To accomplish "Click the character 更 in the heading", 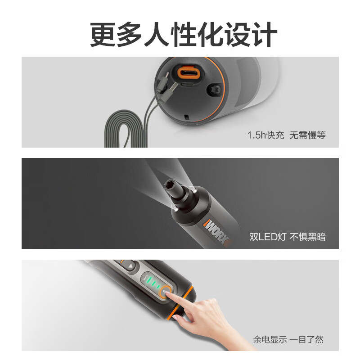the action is click(103, 35).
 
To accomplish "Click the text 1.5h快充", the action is click(265, 135).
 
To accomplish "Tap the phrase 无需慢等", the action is click(307, 135).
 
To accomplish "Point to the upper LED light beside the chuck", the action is click(195, 191).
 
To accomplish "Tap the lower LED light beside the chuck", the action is click(176, 210).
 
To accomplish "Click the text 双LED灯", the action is click(267, 237).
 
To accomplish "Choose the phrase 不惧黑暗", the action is click(308, 237).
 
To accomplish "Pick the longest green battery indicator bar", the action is click(149, 280).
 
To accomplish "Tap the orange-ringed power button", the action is click(165, 292).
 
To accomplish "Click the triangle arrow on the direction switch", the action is click(130, 266).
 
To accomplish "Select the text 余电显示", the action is click(270, 339).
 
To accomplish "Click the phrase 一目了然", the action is click(306, 339).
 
